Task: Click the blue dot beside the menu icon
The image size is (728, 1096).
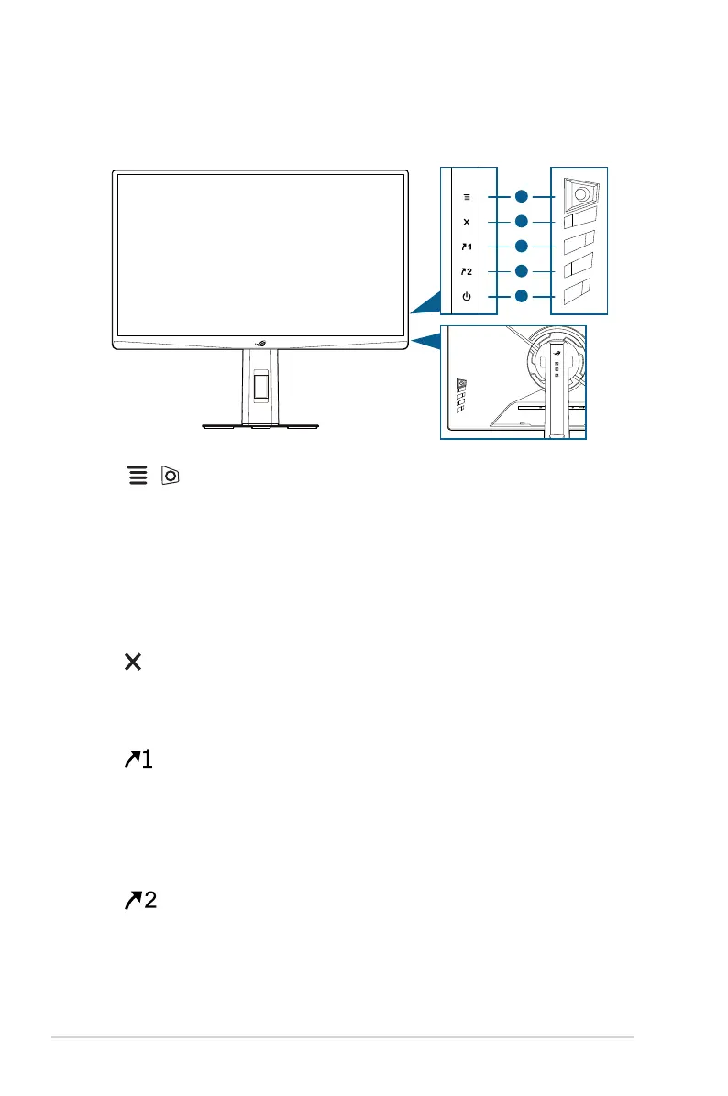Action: tap(521, 197)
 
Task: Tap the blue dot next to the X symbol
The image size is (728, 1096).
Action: tap(521, 222)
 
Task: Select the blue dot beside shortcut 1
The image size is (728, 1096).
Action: tap(521, 246)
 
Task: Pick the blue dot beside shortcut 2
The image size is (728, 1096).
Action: tap(521, 271)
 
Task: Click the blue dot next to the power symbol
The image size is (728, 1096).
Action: tap(521, 296)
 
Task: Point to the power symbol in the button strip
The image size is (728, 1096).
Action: tap(467, 296)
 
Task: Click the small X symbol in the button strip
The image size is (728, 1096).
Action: tap(467, 222)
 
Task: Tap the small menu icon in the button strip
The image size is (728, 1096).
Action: tap(467, 197)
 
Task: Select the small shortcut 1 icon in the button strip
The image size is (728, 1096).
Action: tap(467, 247)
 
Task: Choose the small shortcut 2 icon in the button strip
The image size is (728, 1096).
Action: tap(467, 271)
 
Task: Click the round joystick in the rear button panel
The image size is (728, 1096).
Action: tap(580, 197)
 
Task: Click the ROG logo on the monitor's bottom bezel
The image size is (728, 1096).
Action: tap(260, 344)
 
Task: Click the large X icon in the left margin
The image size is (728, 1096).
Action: tap(133, 662)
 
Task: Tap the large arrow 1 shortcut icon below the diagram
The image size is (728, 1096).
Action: tap(138, 759)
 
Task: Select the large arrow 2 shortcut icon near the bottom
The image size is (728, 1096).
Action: tap(140, 900)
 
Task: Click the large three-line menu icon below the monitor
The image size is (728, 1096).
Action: tap(138, 476)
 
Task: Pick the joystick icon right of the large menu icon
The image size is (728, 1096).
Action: tap(170, 476)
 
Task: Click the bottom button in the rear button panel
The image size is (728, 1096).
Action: tap(577, 290)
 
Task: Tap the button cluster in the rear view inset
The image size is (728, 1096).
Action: tap(461, 396)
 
